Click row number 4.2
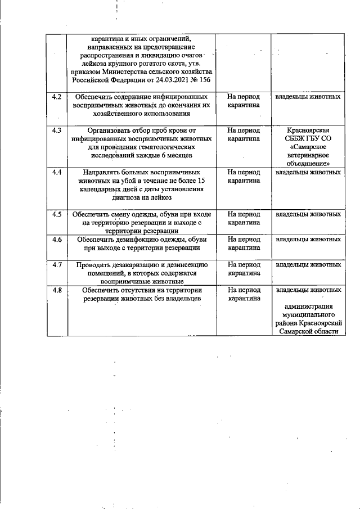click(56, 97)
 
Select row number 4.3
click(56, 130)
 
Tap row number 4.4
click(56, 172)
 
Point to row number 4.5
click(56, 214)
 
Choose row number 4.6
click(56, 239)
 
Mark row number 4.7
click(56, 264)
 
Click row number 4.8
click(56, 290)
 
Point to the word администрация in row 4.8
click(308, 307)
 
